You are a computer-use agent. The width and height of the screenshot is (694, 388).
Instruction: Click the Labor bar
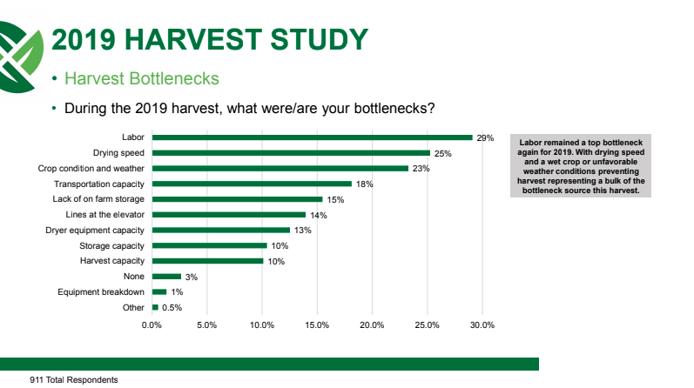pyautogui.click(x=313, y=137)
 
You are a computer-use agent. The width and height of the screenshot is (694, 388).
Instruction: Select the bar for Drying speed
pyautogui.click(x=291, y=153)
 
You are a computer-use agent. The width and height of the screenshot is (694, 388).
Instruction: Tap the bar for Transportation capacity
pyautogui.click(x=252, y=184)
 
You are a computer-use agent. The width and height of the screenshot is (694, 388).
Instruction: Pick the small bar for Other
pyautogui.click(x=155, y=307)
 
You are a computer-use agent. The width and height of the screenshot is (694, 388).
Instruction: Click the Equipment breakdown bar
pyautogui.click(x=159, y=292)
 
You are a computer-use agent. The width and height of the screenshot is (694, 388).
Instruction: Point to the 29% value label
pyautogui.click(x=485, y=138)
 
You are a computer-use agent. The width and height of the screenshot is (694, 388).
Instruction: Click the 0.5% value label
pyautogui.click(x=172, y=307)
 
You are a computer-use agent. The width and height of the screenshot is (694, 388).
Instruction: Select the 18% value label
pyautogui.click(x=364, y=184)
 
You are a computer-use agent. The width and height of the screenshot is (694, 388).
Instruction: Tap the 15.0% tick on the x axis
pyautogui.click(x=317, y=325)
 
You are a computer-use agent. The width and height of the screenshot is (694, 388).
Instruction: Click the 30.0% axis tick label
pyautogui.click(x=482, y=325)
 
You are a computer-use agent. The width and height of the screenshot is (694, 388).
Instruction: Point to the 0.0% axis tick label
pyautogui.click(x=152, y=325)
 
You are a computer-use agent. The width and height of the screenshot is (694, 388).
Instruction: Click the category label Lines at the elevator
pyautogui.click(x=104, y=215)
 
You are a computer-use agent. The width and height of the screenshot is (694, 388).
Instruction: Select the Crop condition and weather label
pyautogui.click(x=91, y=169)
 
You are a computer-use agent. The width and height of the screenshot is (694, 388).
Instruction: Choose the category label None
pyautogui.click(x=134, y=277)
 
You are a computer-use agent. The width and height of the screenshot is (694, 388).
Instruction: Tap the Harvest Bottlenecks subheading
pyautogui.click(x=142, y=79)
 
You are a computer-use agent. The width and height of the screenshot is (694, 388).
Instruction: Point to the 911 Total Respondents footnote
pyautogui.click(x=74, y=380)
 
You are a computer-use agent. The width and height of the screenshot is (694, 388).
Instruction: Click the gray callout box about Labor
pyautogui.click(x=581, y=166)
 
